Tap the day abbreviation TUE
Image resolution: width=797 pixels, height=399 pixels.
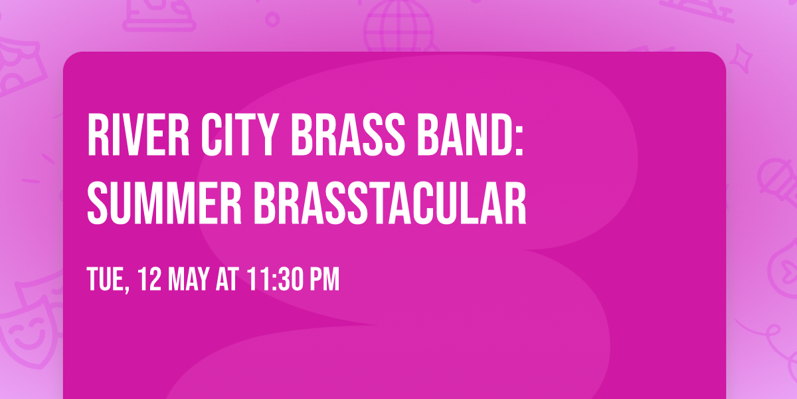coord(105,280)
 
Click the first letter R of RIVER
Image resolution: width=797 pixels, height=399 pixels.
coord(97,136)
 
